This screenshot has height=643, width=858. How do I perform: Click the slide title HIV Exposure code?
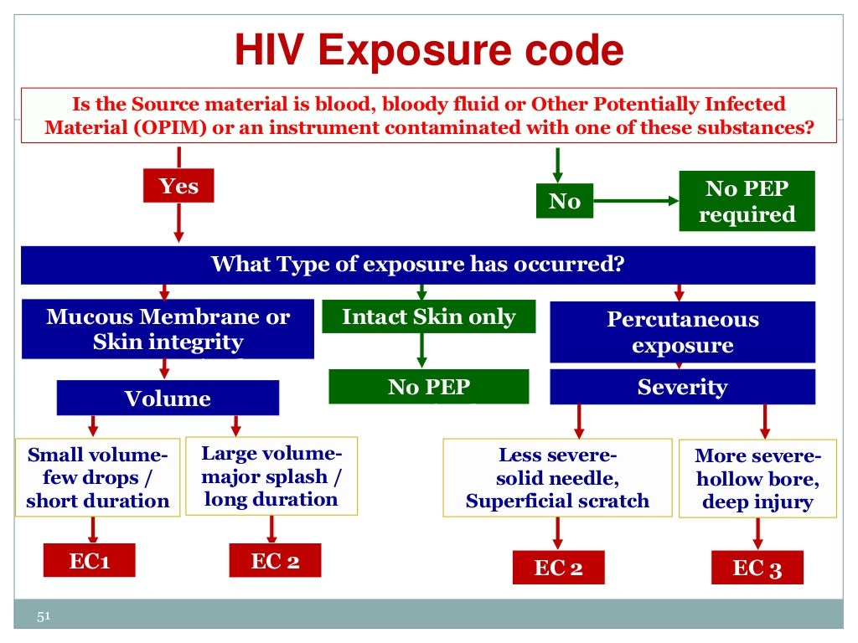pyautogui.click(x=428, y=51)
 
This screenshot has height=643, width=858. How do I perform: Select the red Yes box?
pyautogui.click(x=178, y=185)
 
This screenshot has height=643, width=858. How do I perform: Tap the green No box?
pyautogui.click(x=564, y=201)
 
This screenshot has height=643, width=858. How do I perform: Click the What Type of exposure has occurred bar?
pyautogui.click(x=417, y=265)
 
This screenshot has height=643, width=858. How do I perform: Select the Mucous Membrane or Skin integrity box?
pyautogui.click(x=168, y=329)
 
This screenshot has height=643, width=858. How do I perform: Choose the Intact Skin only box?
pyautogui.click(x=428, y=316)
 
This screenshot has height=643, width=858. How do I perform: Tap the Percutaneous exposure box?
pyautogui.click(x=682, y=332)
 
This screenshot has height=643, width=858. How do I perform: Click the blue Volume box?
pyautogui.click(x=168, y=398)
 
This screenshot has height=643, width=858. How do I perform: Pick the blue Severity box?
pyautogui.click(x=682, y=387)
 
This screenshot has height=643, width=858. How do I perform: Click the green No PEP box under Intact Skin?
pyautogui.click(x=428, y=387)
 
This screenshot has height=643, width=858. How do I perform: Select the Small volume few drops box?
pyautogui.click(x=97, y=477)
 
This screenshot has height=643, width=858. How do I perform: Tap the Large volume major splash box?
pyautogui.click(x=271, y=476)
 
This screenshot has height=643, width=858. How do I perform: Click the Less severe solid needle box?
pyautogui.click(x=557, y=477)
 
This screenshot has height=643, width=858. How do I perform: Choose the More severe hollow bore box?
pyautogui.click(x=757, y=479)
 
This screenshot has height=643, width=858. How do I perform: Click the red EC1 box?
pyautogui.click(x=89, y=560)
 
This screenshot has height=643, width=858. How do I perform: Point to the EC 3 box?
pyautogui.click(x=757, y=568)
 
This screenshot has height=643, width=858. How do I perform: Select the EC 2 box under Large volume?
pyautogui.click(x=275, y=560)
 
